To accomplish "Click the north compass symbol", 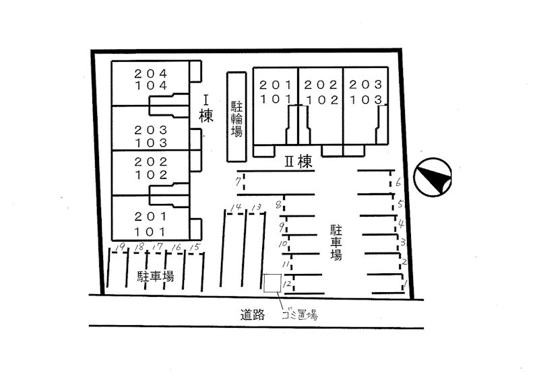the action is (433, 177).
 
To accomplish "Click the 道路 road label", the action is (253, 314).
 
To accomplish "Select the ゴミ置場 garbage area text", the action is (299, 314).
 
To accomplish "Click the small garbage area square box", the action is (273, 283).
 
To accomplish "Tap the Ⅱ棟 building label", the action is (298, 162).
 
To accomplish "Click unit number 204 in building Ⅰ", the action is (150, 73).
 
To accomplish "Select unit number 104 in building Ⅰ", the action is (150, 85).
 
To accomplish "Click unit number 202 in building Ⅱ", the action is (321, 85).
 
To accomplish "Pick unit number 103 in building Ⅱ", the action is (366, 100).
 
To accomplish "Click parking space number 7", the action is (238, 181).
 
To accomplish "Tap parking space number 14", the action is (236, 207).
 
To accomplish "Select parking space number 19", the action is (120, 246).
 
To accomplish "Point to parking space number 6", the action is (398, 182).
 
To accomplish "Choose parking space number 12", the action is (287, 284).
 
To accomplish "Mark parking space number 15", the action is (195, 247).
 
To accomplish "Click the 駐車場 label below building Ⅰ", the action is (156, 277).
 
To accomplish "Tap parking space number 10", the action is (282, 244).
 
